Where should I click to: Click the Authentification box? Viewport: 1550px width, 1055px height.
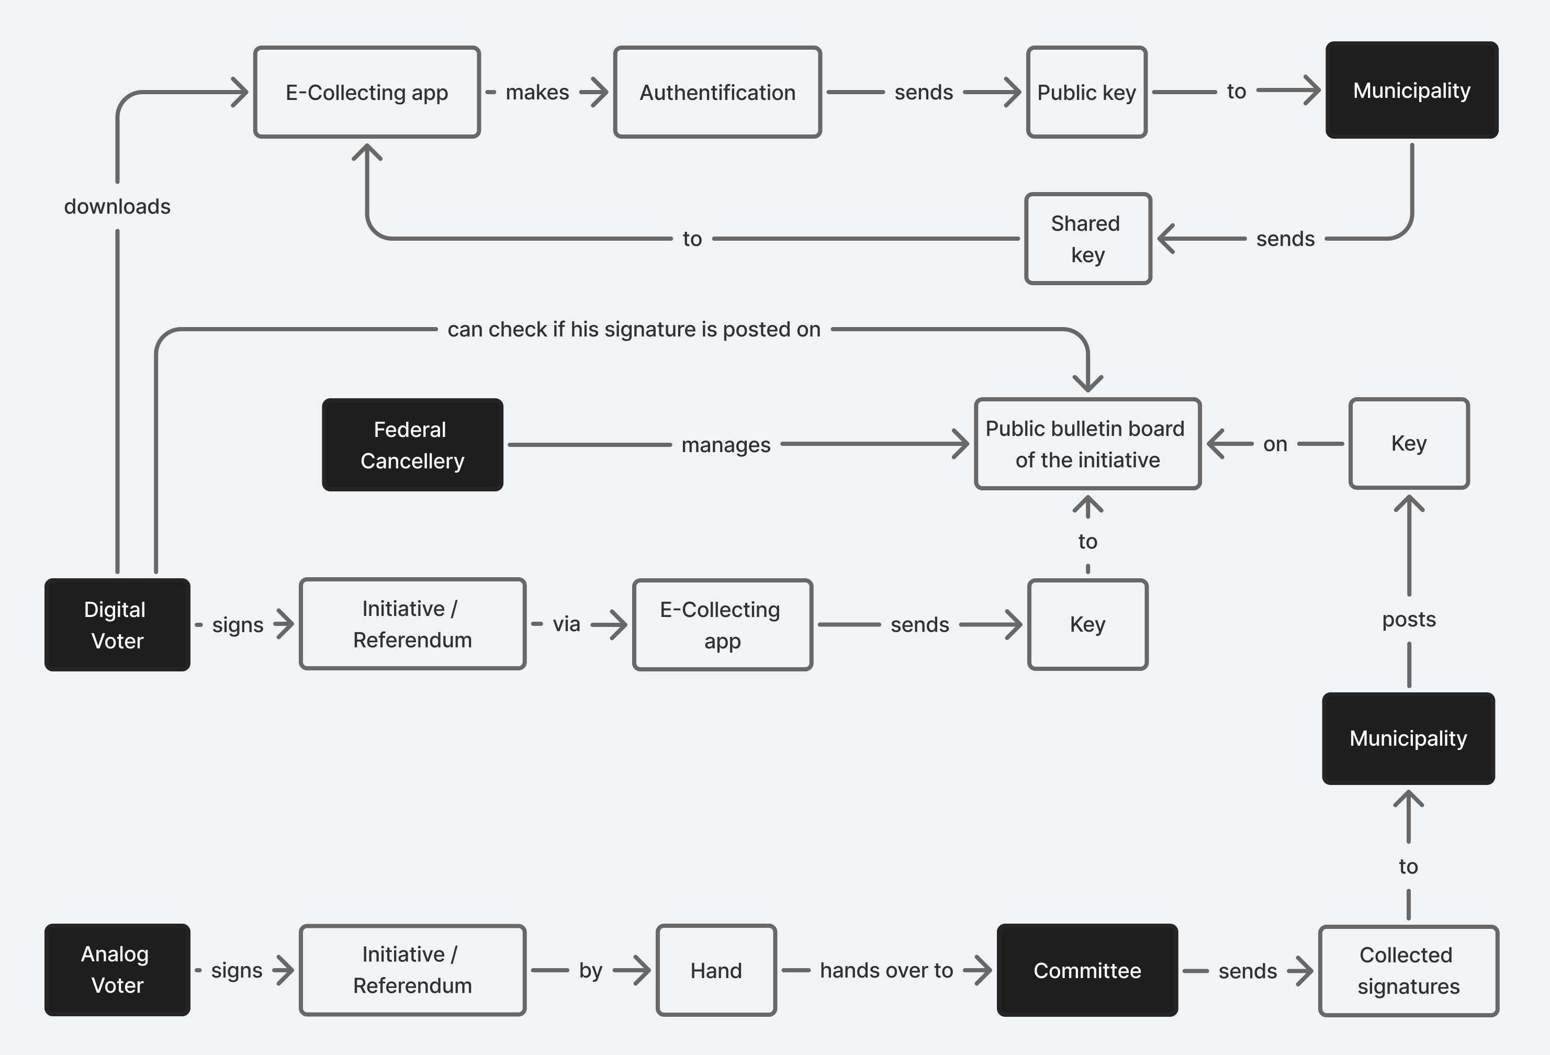click(717, 92)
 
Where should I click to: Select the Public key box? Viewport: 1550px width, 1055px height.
click(1086, 92)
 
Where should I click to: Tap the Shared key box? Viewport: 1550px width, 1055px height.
click(1088, 239)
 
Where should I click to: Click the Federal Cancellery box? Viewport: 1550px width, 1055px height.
click(412, 445)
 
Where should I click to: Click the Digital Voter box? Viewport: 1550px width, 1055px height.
click(117, 625)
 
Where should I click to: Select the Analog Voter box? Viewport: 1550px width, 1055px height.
click(117, 970)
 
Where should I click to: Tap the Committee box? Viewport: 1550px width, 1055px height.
click(1087, 970)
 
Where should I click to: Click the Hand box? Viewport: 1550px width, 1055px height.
click(716, 970)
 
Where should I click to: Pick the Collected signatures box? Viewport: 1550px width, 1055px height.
click(1408, 971)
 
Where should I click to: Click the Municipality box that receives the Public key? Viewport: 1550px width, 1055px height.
click(1411, 90)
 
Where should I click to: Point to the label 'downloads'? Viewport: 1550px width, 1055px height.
click(117, 207)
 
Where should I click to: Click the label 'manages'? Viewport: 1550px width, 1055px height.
click(726, 445)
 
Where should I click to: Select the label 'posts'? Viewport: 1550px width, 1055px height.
click(1409, 620)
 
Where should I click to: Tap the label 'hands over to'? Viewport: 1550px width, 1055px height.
click(886, 970)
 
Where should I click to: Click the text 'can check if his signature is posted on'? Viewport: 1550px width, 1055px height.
click(634, 330)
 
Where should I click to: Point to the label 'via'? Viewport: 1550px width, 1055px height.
click(566, 624)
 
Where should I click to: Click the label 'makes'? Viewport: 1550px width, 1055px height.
click(537, 92)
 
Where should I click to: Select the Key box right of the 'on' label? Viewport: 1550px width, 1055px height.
click(1409, 443)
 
